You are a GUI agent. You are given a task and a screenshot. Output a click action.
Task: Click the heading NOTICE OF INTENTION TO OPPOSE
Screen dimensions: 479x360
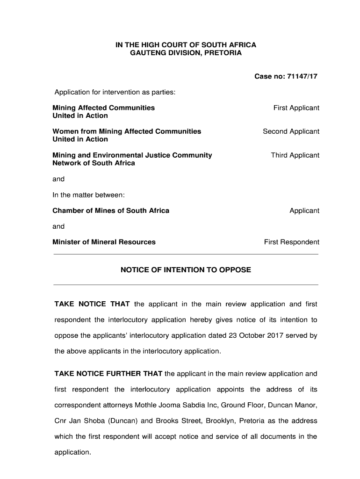point(186,270)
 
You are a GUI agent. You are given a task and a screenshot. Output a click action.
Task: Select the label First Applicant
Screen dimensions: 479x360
point(296,108)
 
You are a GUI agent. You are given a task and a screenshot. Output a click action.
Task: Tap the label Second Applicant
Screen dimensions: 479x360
point(291,131)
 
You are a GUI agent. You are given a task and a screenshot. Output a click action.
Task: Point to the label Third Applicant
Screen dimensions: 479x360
point(295,155)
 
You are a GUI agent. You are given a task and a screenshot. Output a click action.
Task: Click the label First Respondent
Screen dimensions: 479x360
point(291,242)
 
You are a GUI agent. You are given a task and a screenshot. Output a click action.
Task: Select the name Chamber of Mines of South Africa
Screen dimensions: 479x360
point(111,210)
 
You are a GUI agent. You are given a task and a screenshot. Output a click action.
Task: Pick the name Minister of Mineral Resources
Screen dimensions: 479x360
point(104,242)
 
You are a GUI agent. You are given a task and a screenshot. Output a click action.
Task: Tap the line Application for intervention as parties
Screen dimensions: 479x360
point(115,92)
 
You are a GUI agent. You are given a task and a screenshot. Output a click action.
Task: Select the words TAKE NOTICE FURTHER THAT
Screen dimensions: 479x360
point(108,374)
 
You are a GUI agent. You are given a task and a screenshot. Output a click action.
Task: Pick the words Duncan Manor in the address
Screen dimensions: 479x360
point(295,405)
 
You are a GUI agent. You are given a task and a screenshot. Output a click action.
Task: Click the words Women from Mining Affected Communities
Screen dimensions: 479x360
point(127,131)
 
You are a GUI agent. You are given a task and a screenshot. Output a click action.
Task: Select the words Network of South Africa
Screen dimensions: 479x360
point(94,163)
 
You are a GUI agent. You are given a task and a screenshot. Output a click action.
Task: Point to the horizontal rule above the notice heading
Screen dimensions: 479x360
point(186,254)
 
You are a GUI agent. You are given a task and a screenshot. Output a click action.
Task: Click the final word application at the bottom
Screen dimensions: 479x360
point(72,452)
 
